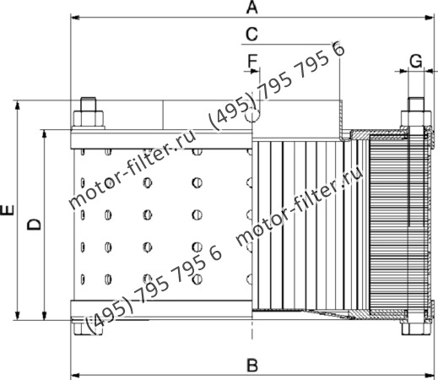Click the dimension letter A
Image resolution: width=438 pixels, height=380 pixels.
251,8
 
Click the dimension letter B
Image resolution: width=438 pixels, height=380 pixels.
251,365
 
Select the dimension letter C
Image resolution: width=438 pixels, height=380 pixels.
251,34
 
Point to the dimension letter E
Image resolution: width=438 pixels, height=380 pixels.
8,210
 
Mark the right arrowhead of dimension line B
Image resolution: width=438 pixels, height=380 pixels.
432,373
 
